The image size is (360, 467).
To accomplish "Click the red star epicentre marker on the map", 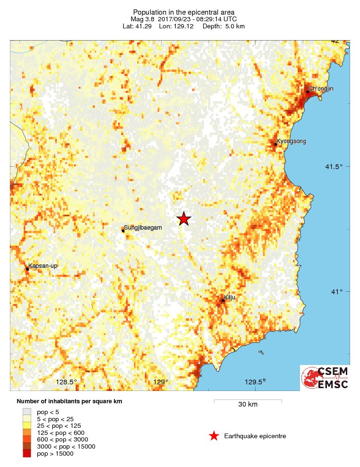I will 184,219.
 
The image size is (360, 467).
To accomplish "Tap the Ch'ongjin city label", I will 321,89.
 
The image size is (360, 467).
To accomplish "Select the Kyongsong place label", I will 291,141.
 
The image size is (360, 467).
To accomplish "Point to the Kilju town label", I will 230,297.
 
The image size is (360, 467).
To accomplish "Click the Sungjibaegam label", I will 143,228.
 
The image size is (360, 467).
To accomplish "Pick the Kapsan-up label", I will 43,266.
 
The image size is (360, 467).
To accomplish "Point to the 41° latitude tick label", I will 337,291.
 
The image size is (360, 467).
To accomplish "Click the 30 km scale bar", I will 248,401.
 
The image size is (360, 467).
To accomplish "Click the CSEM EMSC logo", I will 325,378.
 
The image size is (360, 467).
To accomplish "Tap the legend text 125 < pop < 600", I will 60,433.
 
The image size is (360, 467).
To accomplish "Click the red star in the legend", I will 214,436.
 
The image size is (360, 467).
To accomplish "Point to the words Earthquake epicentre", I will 255,436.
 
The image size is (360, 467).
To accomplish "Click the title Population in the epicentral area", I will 184,12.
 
